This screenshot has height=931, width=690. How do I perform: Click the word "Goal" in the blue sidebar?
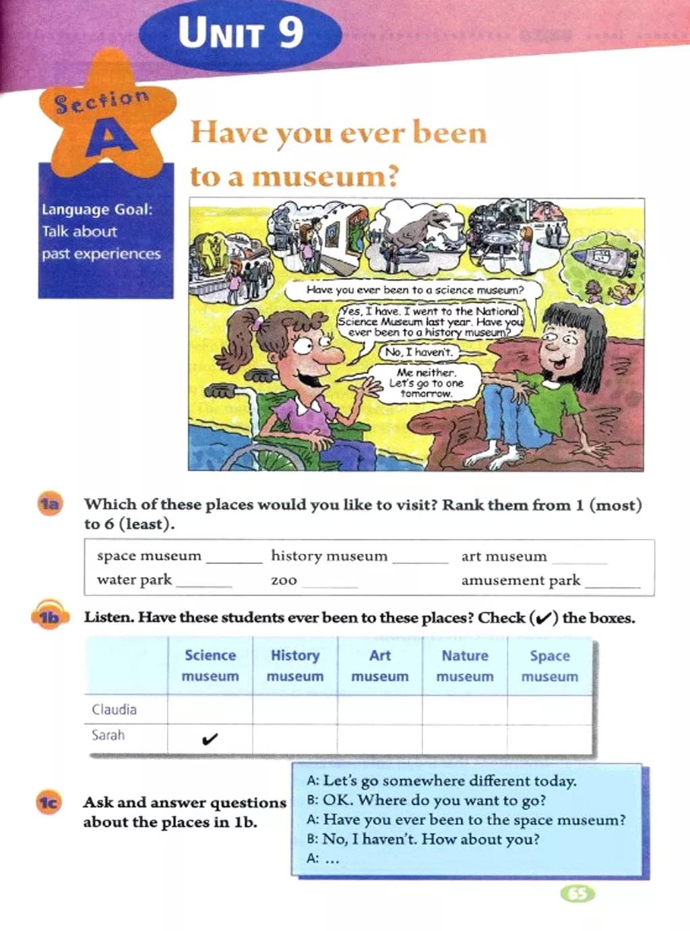point(133,210)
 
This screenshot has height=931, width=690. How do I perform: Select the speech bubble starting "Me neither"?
point(425,383)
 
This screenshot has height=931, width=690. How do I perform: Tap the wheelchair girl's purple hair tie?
point(257,324)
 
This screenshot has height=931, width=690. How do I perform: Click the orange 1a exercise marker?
point(49,504)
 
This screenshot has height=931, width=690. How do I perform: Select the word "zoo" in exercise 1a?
point(284,580)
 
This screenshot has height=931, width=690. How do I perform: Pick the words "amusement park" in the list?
point(520,580)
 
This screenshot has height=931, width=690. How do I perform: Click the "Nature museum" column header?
point(464,666)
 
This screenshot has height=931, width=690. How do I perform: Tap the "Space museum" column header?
point(549,666)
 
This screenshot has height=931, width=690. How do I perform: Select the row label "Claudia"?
point(114,709)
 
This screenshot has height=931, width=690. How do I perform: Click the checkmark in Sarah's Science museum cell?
point(210,739)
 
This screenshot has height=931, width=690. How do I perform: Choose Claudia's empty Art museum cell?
point(379,709)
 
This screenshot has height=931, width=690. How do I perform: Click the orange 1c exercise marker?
point(49,802)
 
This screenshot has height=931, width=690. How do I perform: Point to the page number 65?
point(577,894)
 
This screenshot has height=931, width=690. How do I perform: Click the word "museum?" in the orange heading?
point(325,176)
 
